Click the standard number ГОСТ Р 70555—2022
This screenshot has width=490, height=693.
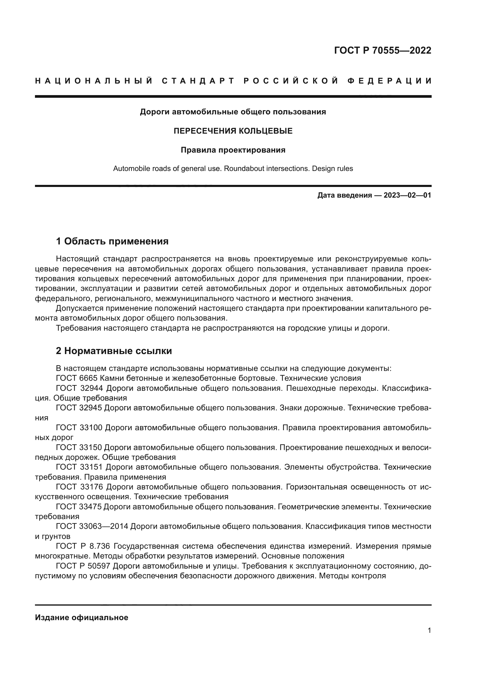click(x=382, y=50)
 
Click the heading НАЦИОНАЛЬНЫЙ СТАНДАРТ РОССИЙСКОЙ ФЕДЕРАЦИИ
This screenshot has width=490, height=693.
click(x=233, y=81)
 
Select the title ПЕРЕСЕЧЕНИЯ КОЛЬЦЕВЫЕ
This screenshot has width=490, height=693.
click(x=233, y=131)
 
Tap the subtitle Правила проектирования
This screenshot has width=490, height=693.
click(x=233, y=150)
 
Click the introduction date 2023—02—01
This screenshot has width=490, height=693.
click(x=407, y=195)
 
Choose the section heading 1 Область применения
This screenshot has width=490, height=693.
click(x=112, y=241)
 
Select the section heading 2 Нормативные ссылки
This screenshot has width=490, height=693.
click(x=114, y=351)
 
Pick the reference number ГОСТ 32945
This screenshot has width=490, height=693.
click(x=79, y=408)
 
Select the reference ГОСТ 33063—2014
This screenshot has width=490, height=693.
click(x=92, y=526)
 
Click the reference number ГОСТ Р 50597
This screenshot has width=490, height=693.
click(x=83, y=566)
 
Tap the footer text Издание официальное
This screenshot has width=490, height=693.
click(x=81, y=617)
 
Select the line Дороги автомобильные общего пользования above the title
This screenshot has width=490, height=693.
click(x=233, y=112)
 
